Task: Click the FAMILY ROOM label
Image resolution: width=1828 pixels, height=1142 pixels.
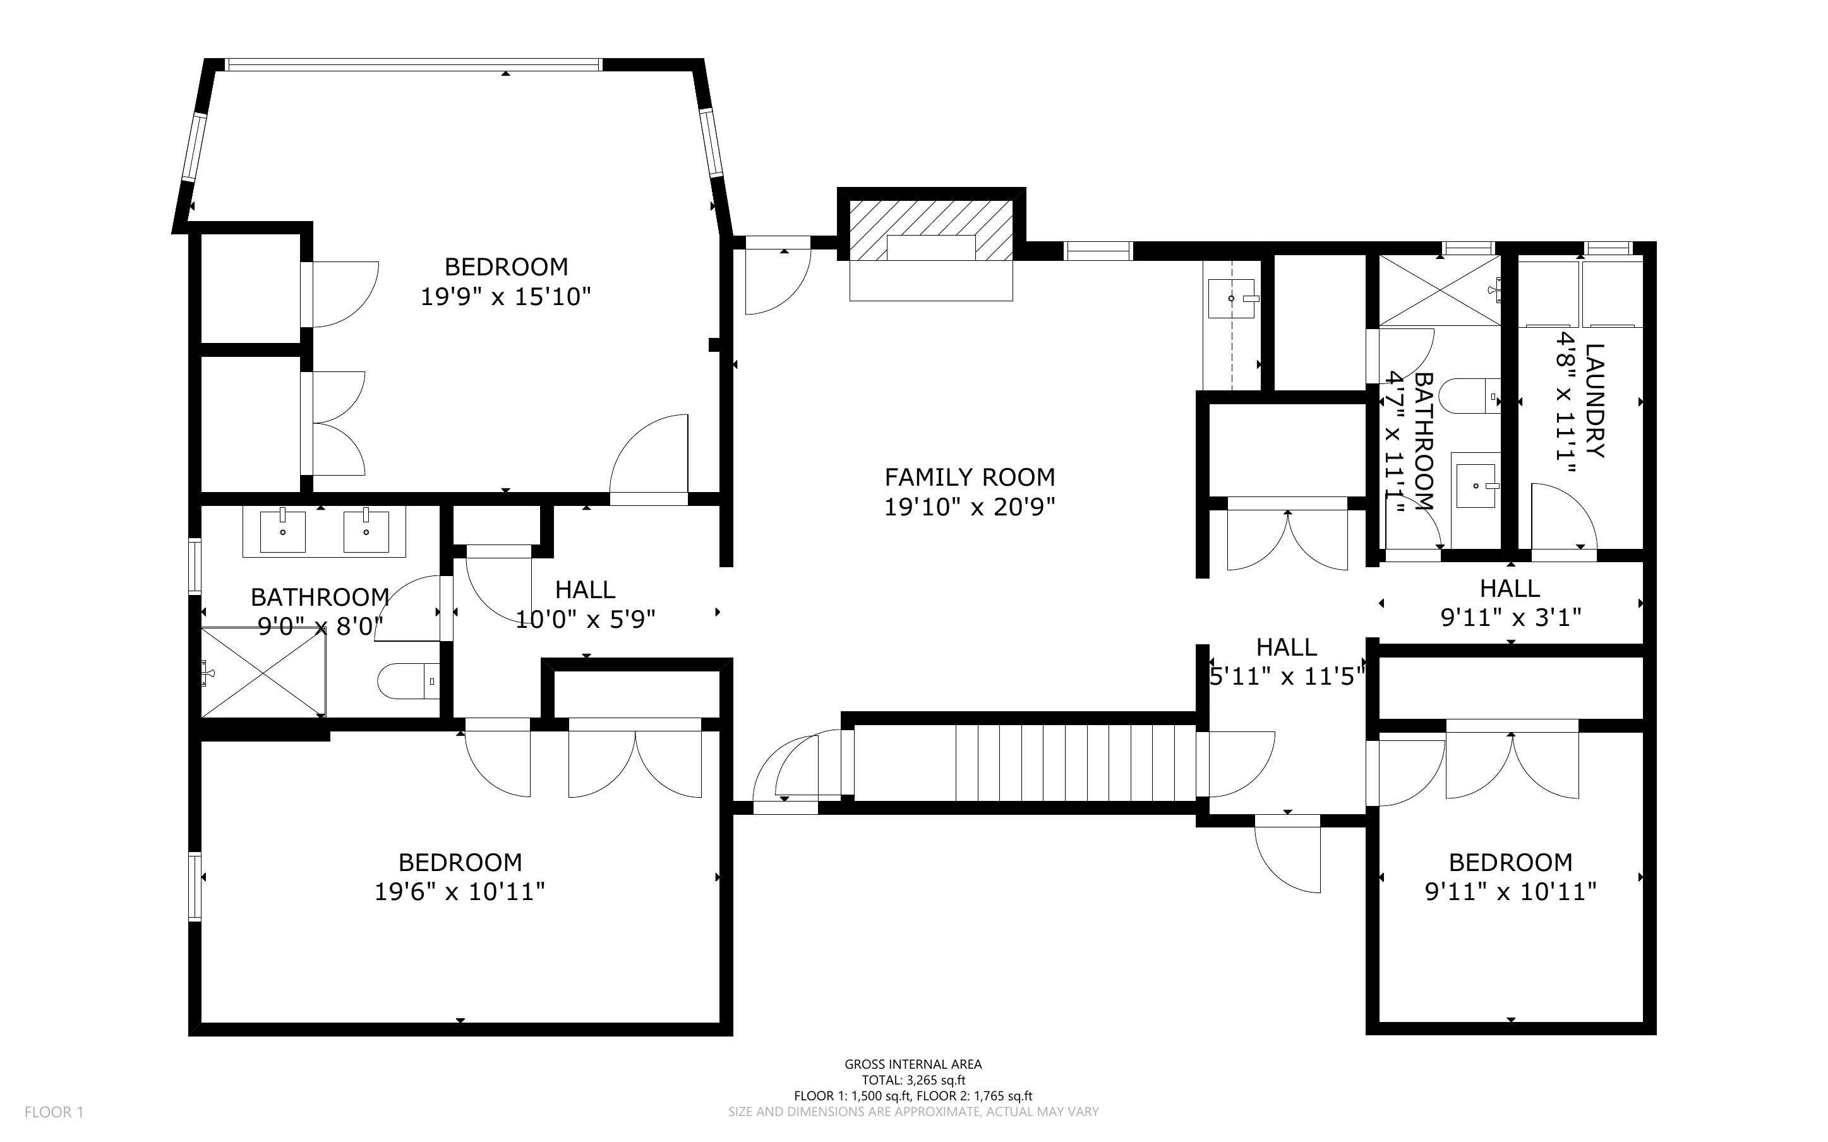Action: point(970,478)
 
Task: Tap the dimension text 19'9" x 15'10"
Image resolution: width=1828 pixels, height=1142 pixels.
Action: point(505,297)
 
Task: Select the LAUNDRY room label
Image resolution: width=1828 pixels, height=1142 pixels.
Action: point(1594,400)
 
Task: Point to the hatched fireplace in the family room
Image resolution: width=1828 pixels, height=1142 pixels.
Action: point(931,230)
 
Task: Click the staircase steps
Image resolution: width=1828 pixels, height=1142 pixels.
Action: point(1076,762)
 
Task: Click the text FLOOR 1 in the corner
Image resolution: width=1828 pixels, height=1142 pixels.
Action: point(54,1112)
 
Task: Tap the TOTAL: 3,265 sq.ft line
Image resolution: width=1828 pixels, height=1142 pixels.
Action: point(913,1080)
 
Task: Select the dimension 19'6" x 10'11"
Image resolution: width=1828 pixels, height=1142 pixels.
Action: point(460,892)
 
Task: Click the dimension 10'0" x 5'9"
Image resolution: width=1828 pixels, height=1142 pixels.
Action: point(585,620)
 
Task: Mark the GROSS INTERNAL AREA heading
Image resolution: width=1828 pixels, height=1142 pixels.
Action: point(913,1064)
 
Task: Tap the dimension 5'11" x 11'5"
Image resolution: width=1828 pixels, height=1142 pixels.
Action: point(1287,676)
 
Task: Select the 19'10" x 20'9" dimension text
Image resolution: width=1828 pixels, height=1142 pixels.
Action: point(970,507)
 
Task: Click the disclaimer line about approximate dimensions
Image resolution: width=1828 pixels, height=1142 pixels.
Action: point(913,1112)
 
